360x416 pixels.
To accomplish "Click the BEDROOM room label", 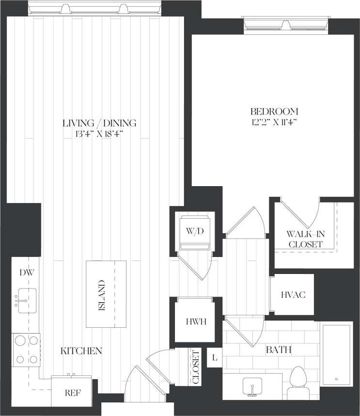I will [x=274, y=111].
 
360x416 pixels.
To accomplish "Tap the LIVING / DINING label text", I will [x=99, y=123].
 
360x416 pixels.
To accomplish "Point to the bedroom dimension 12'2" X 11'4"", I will [x=274, y=123].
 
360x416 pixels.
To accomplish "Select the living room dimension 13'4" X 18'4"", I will [x=99, y=134].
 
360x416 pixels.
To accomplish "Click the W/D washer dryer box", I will [x=192, y=231].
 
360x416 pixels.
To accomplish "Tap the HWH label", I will [x=195, y=321].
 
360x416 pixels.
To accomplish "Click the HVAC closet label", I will [x=293, y=295].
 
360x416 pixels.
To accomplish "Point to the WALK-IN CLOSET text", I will [x=306, y=239].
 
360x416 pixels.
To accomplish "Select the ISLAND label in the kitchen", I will [x=101, y=295].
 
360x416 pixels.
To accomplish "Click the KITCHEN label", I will [x=81, y=351].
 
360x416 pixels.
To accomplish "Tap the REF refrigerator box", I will [x=73, y=392].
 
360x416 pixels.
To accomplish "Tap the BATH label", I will [x=274, y=350].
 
